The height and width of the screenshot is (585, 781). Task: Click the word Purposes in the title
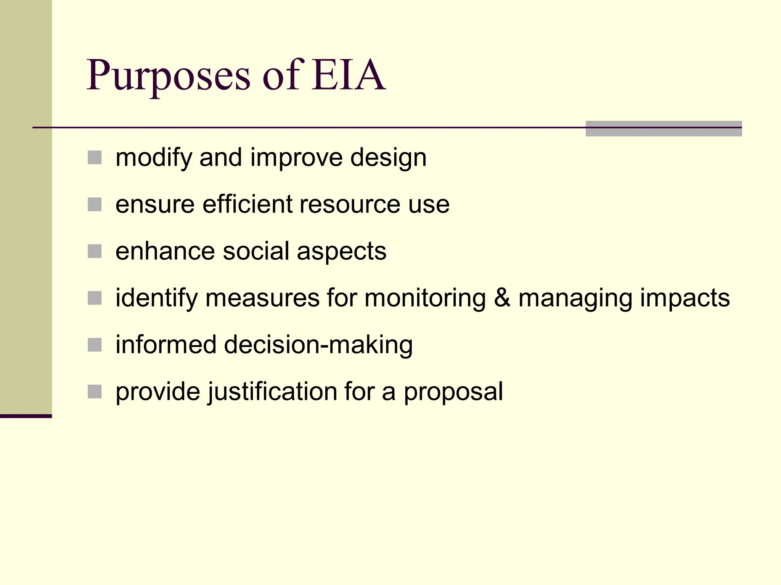tap(168, 75)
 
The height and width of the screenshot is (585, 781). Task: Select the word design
tap(388, 158)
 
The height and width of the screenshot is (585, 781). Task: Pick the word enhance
tap(165, 251)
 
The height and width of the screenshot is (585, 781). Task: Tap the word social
tap(256, 251)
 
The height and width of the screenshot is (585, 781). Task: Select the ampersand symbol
tap(502, 298)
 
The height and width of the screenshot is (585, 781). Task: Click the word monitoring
tap(425, 299)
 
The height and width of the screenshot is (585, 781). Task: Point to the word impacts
tap(685, 299)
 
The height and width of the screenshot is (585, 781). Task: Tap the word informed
tap(166, 345)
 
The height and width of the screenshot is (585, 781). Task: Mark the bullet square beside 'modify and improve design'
tap(95, 157)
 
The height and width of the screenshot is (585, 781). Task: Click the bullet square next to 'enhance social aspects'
tap(95, 251)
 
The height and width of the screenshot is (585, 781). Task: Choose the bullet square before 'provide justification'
tap(95, 392)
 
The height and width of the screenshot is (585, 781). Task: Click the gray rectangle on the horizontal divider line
tap(664, 128)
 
